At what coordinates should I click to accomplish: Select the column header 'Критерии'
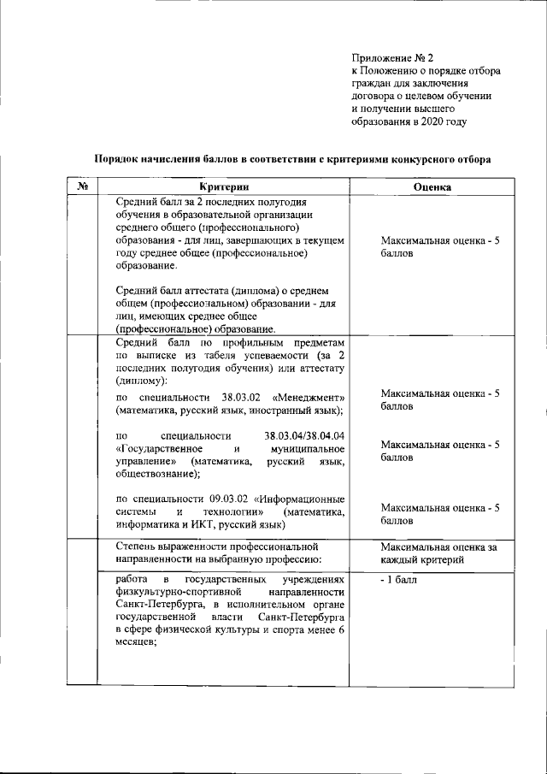[226, 186]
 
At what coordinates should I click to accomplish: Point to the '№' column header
[83, 186]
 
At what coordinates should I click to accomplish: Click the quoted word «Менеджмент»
[309, 398]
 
